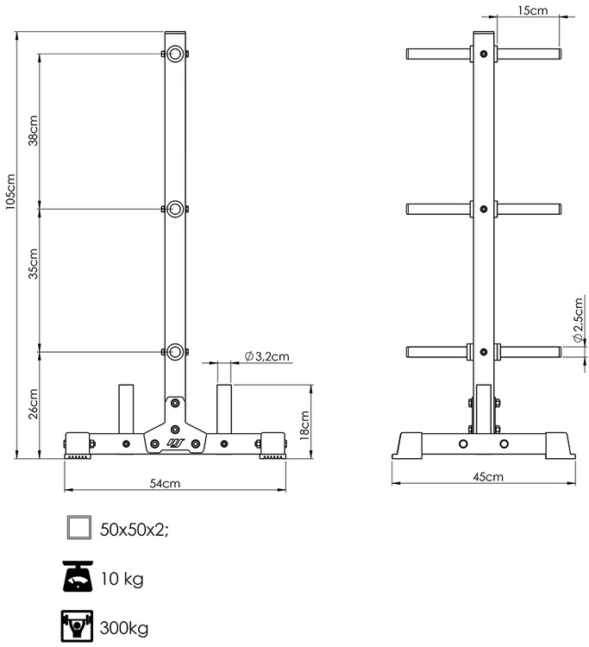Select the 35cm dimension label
(33, 264)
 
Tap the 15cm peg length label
(533, 10)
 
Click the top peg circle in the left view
(176, 55)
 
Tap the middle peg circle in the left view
(176, 208)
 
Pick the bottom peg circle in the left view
(176, 351)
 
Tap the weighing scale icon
(78, 577)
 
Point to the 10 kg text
(122, 577)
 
